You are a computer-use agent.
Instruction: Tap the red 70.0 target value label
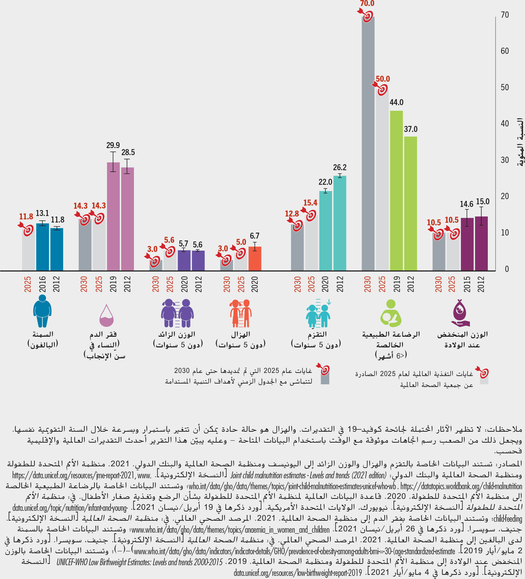pyautogui.click(x=367, y=3)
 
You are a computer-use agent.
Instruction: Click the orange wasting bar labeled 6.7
pyautogui.click(x=255, y=258)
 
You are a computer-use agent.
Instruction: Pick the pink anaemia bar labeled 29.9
pyautogui.click(x=113, y=217)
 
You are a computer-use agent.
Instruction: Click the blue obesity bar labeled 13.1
pyautogui.click(x=42, y=247)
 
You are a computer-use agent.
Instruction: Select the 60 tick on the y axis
pyautogui.click(x=505, y=51)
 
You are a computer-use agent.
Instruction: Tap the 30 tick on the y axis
pyautogui.click(x=505, y=160)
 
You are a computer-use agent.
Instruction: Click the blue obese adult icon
pyautogui.click(x=42, y=311)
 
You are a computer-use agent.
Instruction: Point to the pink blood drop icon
pyautogui.click(x=106, y=316)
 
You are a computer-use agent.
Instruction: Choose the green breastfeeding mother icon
pyautogui.click(x=391, y=313)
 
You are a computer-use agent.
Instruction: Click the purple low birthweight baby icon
pyautogui.click(x=461, y=313)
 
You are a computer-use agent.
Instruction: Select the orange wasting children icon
pyautogui.click(x=241, y=313)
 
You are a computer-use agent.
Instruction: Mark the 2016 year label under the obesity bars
pyautogui.click(x=42, y=284)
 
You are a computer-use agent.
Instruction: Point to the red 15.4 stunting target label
pyautogui.click(x=310, y=203)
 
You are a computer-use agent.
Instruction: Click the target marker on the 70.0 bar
pyautogui.click(x=367, y=16)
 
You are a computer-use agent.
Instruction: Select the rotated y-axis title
pyautogui.click(x=520, y=142)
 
